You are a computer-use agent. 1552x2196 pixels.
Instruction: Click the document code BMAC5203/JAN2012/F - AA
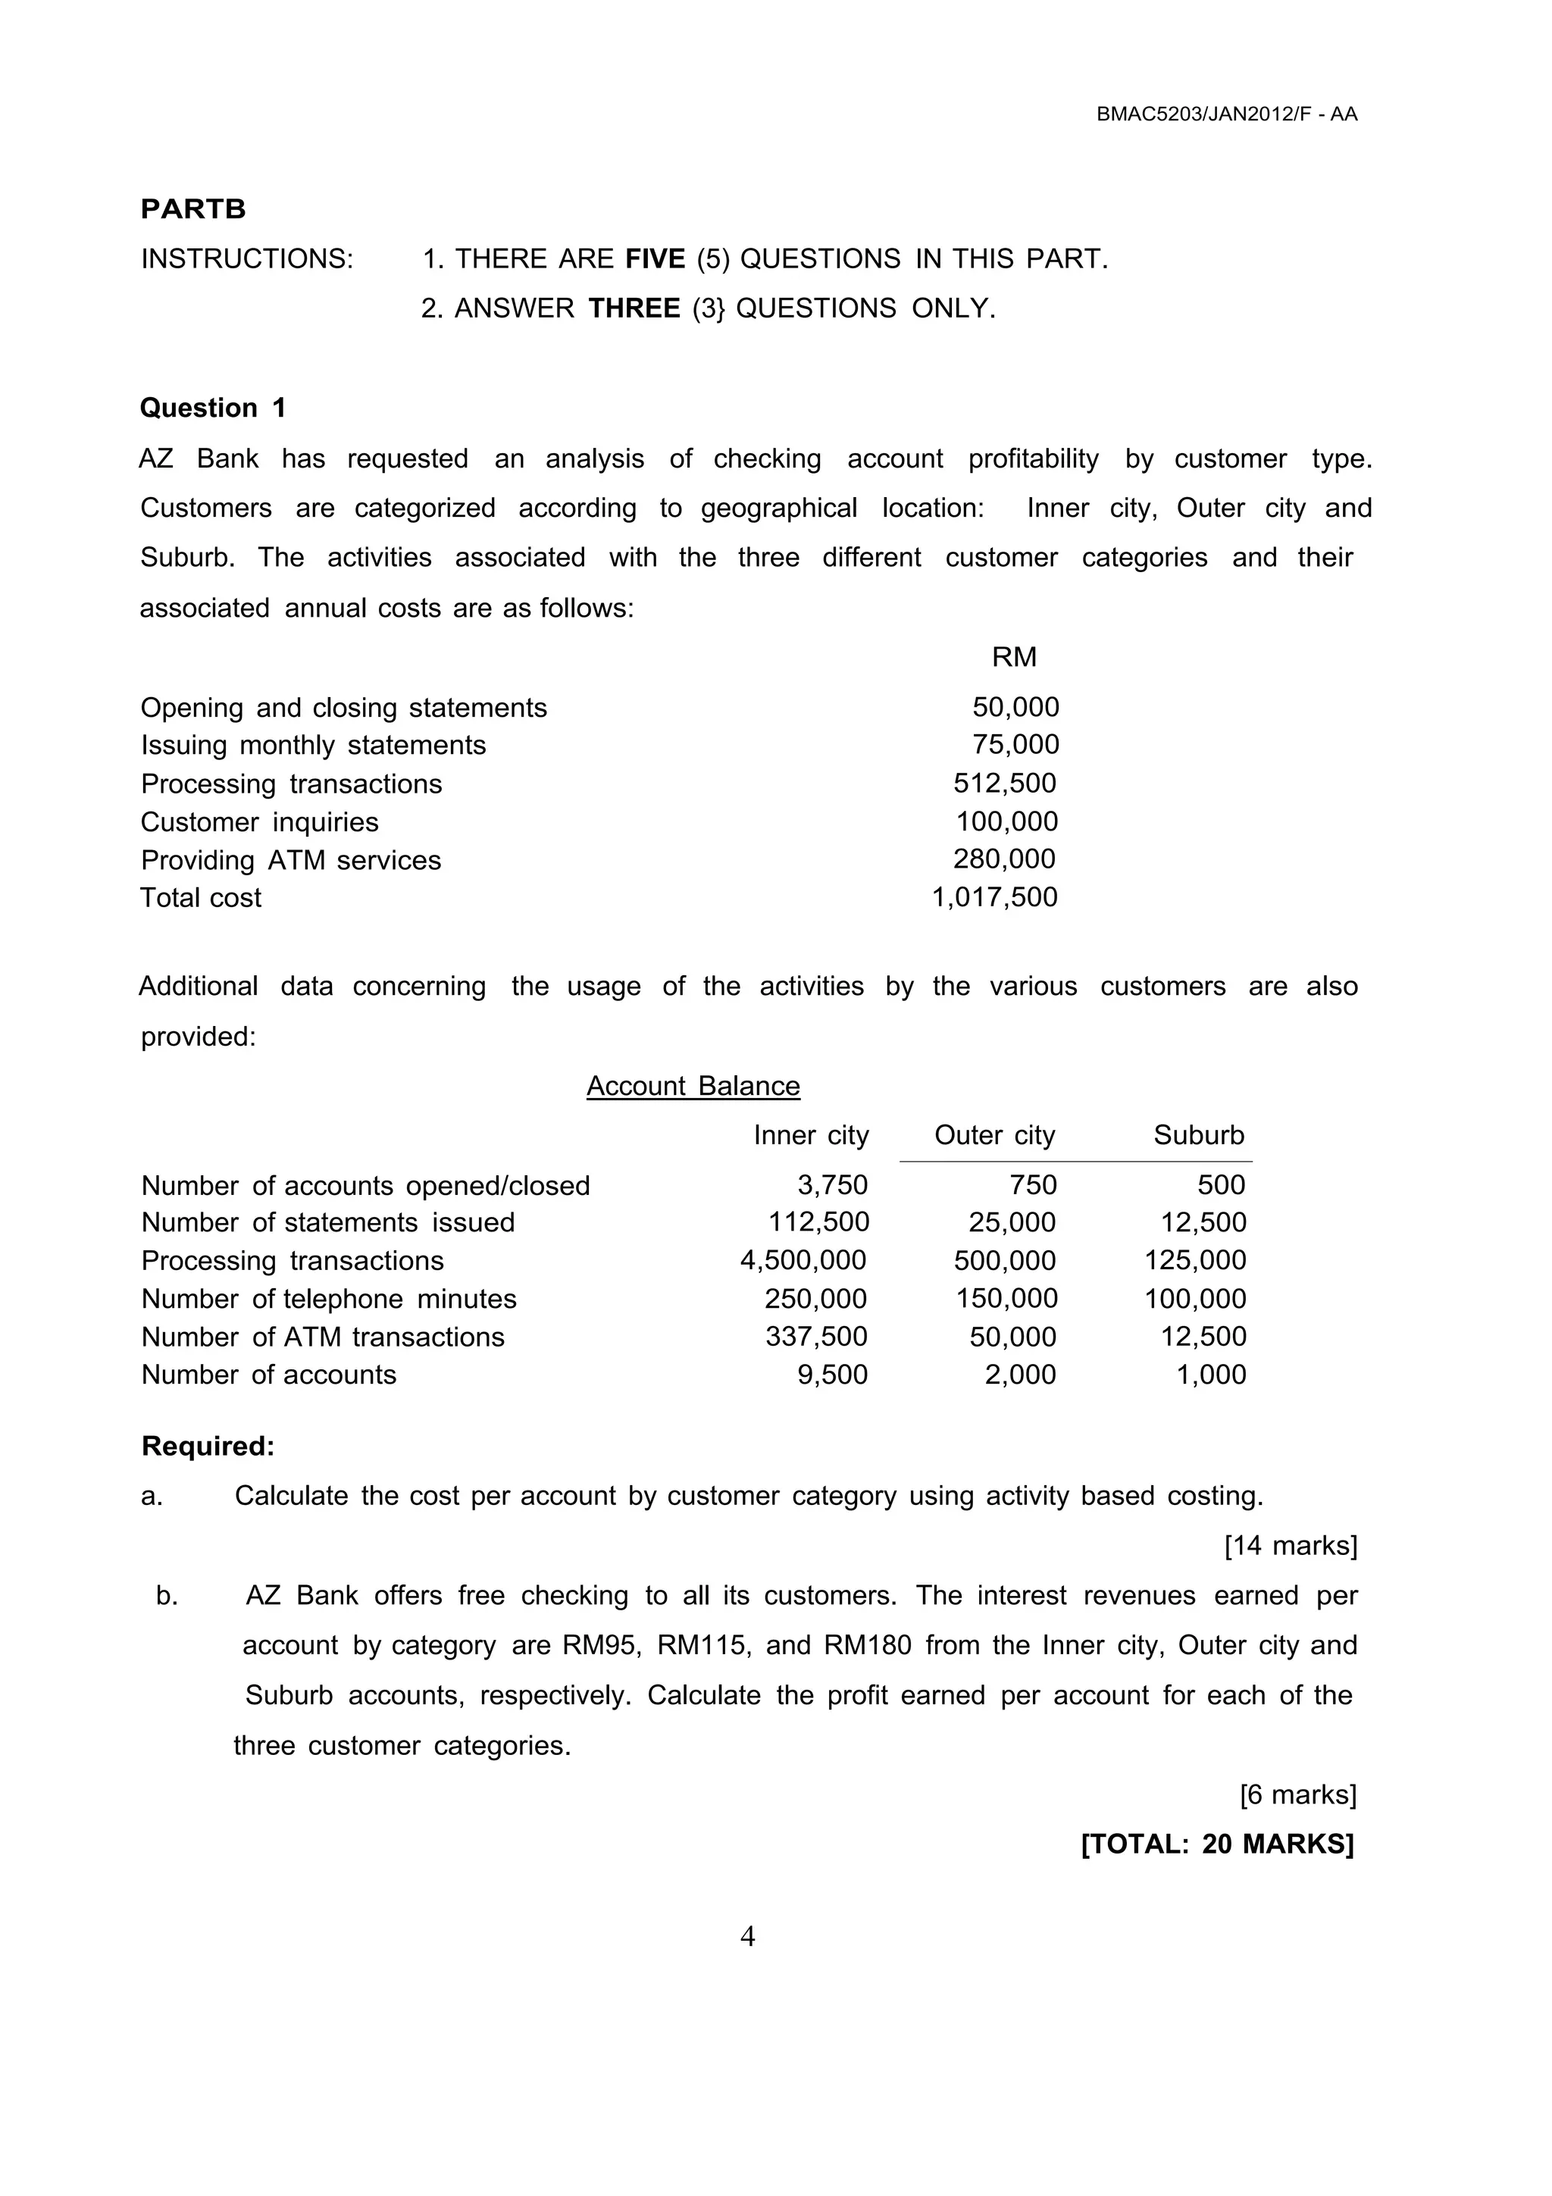pos(1227,114)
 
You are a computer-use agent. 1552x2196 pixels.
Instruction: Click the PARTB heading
pos(193,209)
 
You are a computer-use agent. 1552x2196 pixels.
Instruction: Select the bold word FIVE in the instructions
pos(655,259)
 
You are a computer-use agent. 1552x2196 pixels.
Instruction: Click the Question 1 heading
pos(213,408)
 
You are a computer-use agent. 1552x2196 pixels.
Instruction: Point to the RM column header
pos(1014,657)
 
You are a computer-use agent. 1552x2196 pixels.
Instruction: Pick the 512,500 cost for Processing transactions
pos(1004,784)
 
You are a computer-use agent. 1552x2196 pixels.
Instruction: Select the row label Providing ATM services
pos(291,860)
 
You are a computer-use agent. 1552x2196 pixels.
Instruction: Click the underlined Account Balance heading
pos(693,1086)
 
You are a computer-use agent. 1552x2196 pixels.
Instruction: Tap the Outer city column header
pos(994,1135)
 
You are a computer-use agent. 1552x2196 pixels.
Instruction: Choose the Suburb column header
pos(1198,1135)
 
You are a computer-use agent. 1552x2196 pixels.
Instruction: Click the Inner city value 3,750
pos(832,1185)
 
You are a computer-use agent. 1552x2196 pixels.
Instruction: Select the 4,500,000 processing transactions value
pos(803,1261)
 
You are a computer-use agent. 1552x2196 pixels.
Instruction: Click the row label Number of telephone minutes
pos(328,1299)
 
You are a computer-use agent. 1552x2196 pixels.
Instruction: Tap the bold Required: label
pos(208,1446)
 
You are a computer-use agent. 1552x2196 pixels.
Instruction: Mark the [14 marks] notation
pos(1290,1546)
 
